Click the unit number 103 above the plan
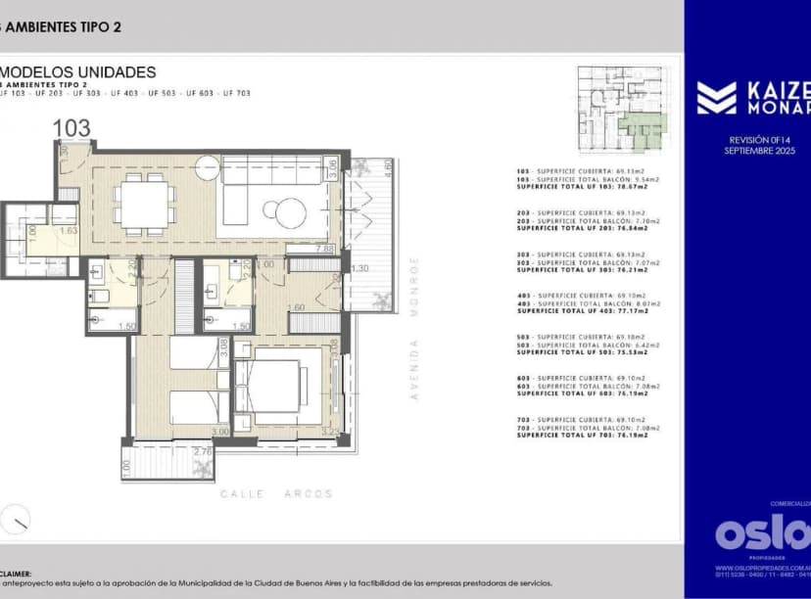pos(72,127)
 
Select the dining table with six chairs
pos(144,206)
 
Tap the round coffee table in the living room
pos(291,210)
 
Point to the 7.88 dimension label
pos(324,249)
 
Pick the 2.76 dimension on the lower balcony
pos(204,452)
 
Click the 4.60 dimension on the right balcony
pos(388,166)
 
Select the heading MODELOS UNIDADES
pos(78,71)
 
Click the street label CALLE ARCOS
pos(276,493)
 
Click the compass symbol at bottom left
pos(16,519)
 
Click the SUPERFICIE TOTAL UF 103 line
pos(588,186)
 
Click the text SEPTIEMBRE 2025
pos(759,151)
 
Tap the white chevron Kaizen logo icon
pos(716,98)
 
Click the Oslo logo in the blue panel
pos(762,533)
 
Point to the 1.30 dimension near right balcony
pos(359,268)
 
